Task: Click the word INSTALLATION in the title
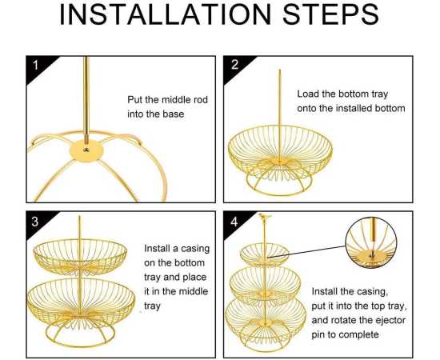166,14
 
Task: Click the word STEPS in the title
331,14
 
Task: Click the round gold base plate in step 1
86,151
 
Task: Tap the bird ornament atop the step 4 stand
264,216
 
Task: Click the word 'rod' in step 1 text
200,100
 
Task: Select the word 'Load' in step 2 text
307,94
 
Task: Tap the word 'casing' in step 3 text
194,249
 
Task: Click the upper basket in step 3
80,257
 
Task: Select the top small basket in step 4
265,254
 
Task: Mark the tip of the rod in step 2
279,70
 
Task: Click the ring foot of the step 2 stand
279,194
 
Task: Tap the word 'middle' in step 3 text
194,291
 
